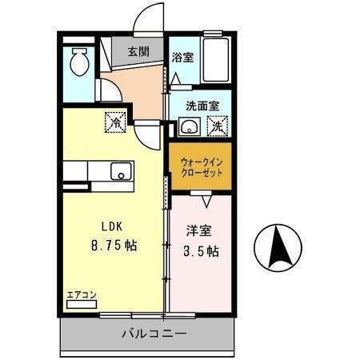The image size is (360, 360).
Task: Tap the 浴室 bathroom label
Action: click(182, 58)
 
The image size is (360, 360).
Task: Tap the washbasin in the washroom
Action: click(190, 126)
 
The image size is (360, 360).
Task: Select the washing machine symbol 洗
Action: click(217, 126)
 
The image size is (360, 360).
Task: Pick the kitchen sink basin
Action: click(121, 170)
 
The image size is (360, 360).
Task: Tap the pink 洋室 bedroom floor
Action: click(202, 276)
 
